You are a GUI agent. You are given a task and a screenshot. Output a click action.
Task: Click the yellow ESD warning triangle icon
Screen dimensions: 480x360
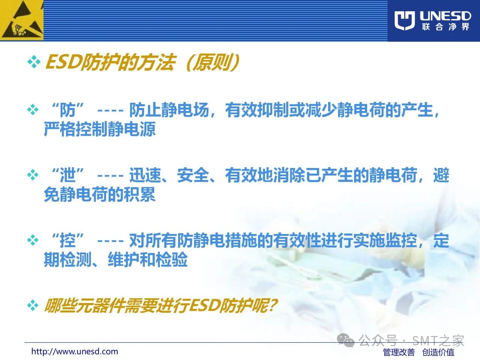point(21,20)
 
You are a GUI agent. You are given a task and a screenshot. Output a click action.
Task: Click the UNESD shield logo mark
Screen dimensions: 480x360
point(405,21)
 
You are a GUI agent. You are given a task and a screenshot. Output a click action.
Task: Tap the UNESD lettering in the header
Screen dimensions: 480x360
point(445,16)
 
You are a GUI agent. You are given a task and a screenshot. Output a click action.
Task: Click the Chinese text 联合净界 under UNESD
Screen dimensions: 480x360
point(445,27)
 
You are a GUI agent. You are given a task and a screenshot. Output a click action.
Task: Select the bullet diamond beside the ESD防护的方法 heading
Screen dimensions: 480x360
point(34,62)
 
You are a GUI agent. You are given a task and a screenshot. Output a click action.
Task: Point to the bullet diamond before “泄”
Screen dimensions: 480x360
point(33,175)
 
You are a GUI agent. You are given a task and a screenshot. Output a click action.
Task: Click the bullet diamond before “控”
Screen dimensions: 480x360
point(33,240)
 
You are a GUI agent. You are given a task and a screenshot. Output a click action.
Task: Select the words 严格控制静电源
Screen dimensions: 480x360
point(100,129)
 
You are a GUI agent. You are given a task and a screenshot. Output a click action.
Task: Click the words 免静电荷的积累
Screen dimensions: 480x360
point(100,194)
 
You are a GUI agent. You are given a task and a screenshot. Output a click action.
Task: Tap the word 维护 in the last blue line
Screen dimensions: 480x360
point(123,259)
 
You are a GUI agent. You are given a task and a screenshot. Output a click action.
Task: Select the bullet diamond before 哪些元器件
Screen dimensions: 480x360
point(33,305)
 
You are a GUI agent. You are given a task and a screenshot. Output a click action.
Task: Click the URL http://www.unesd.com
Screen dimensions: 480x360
point(75,352)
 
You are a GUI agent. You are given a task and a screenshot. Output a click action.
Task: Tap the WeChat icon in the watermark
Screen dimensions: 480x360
point(345,340)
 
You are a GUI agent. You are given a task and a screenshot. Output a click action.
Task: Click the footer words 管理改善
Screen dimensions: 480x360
point(399,352)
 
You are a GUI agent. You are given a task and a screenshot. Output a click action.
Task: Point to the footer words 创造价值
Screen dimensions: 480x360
point(438,352)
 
